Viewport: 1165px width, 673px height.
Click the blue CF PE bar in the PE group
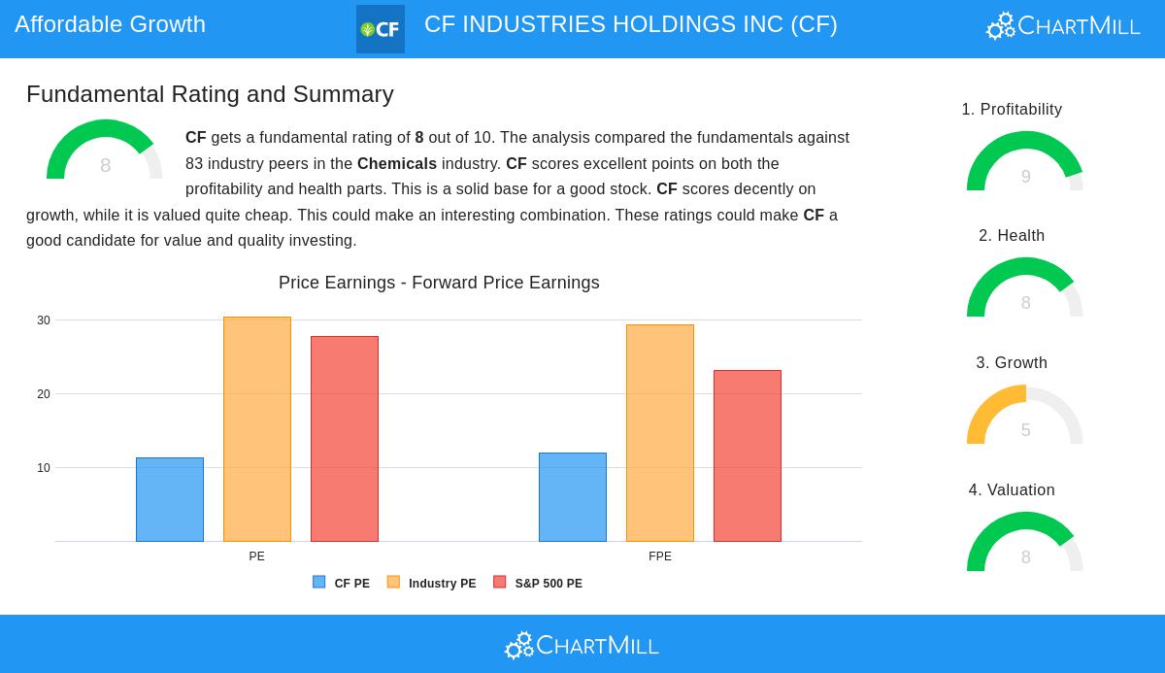pos(170,499)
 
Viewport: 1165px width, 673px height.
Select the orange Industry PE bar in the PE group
pos(257,429)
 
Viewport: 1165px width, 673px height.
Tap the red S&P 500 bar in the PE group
pos(345,439)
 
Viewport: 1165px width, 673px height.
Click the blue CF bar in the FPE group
pos(573,497)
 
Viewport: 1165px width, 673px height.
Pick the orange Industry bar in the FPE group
pos(660,433)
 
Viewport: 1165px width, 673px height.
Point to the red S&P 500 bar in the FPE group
pos(748,455)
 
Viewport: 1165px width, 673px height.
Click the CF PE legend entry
pos(342,584)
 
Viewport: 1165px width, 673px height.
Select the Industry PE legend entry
pos(432,584)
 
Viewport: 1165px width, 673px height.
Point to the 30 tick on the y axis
pos(44,320)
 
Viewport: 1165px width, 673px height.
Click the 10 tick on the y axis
pos(44,468)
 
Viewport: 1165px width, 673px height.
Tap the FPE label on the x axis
pos(660,556)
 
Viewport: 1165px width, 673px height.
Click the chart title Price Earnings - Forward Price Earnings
pos(439,283)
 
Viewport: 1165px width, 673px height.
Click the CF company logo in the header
pos(381,29)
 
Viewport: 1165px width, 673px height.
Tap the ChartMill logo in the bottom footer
pos(582,645)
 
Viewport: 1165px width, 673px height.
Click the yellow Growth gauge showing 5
pos(1025,418)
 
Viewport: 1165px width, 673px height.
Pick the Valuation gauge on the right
pos(1025,544)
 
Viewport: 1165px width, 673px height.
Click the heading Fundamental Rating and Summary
pos(210,94)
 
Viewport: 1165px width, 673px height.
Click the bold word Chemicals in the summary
pos(397,164)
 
